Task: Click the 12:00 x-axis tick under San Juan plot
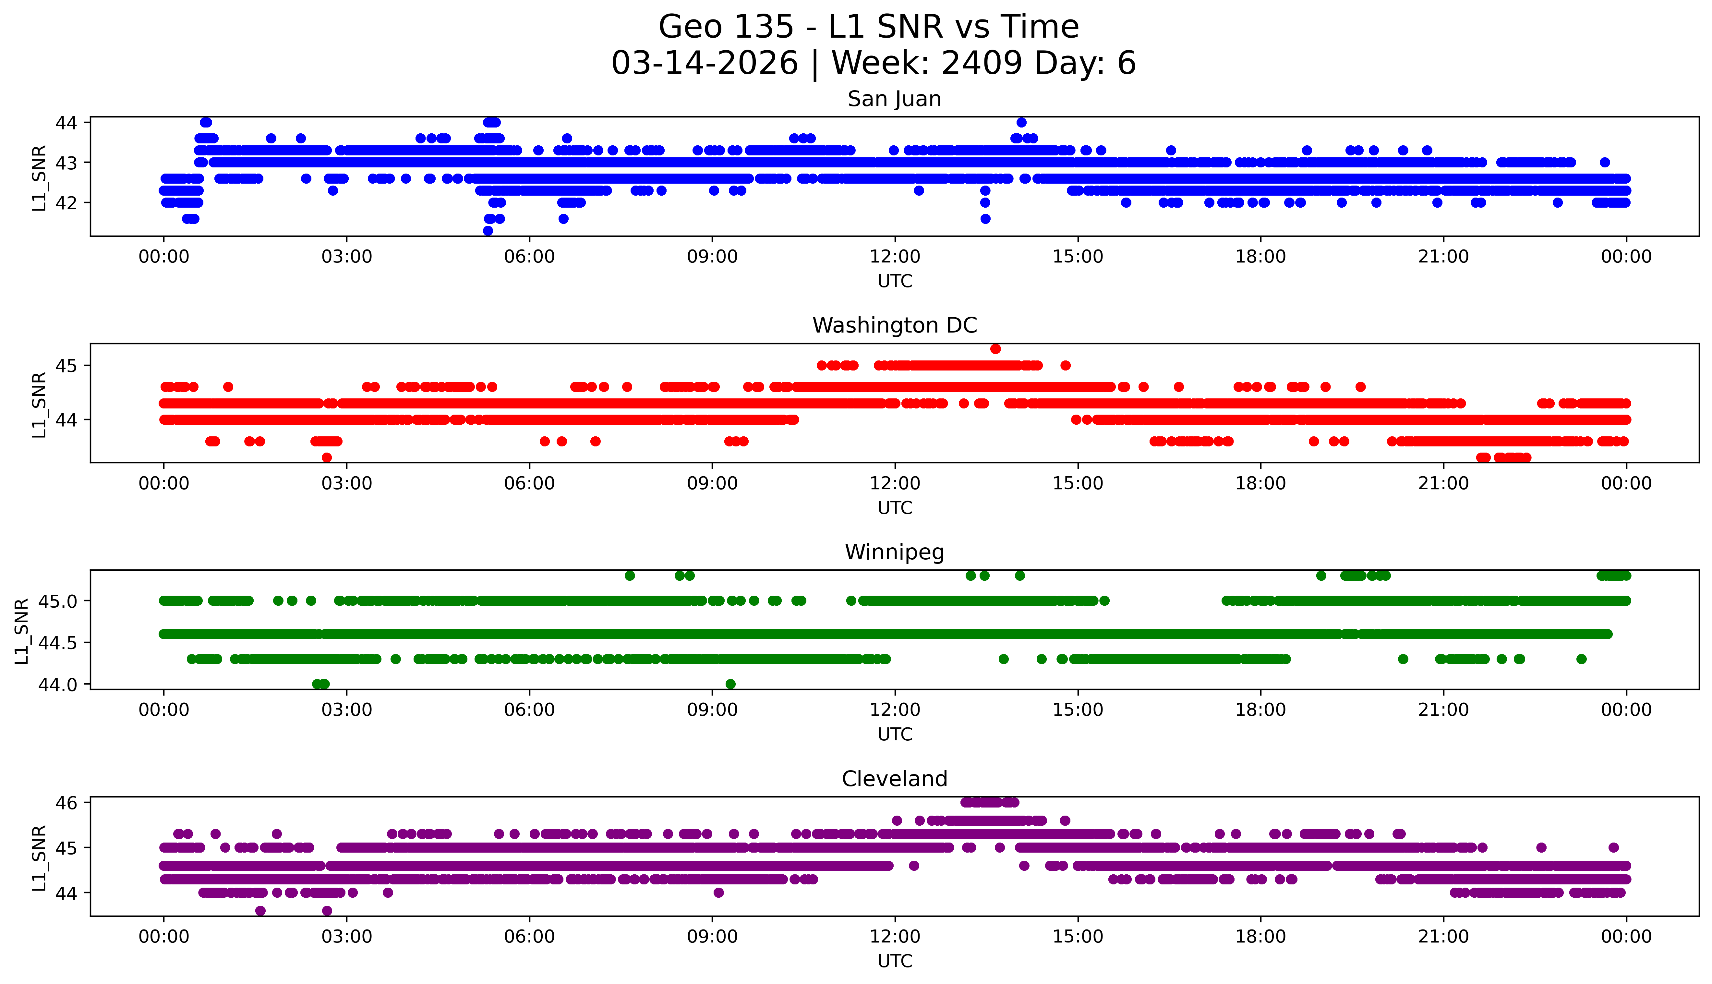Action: tap(895, 257)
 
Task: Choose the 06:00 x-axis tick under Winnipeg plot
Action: tap(529, 710)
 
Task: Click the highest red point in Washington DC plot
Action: tap(995, 349)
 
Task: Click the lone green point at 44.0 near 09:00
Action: tap(730, 684)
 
